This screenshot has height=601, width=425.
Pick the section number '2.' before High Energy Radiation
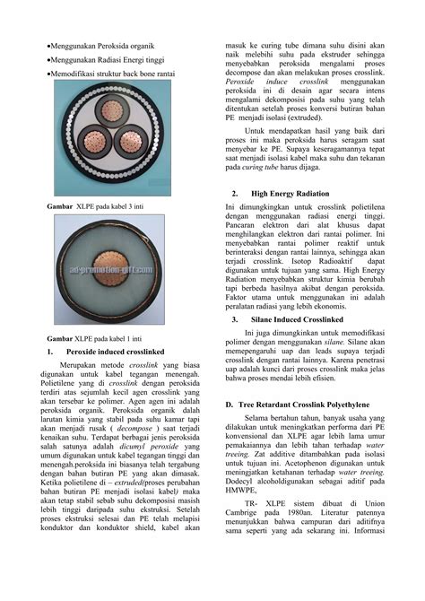pos(234,193)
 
